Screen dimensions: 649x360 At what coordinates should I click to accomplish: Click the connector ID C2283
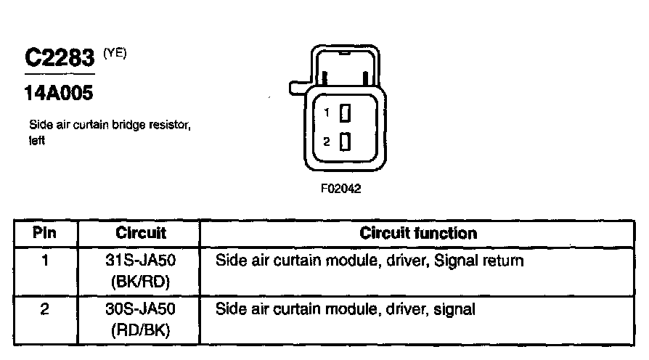click(x=60, y=57)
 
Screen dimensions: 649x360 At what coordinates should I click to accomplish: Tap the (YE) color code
click(x=115, y=53)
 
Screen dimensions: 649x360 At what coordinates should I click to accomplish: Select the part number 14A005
click(x=59, y=93)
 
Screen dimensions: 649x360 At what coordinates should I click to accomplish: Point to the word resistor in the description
click(x=170, y=125)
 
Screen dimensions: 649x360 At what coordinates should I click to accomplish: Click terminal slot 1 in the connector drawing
click(x=345, y=113)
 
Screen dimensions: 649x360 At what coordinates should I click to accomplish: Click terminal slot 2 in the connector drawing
click(x=345, y=142)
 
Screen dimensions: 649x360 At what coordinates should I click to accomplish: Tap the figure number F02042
click(x=340, y=189)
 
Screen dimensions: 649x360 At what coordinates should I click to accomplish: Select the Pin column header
click(x=44, y=232)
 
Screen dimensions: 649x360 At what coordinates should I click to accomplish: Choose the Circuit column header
click(x=141, y=233)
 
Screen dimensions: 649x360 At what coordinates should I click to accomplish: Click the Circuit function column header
click(x=418, y=233)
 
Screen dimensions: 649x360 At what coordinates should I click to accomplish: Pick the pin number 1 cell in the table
click(x=45, y=261)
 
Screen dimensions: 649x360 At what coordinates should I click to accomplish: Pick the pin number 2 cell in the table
click(x=44, y=309)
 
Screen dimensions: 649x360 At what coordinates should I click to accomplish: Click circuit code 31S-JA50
click(x=140, y=261)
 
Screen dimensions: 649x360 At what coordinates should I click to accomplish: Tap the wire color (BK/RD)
click(x=140, y=282)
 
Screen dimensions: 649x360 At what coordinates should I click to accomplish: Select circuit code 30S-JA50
click(x=140, y=309)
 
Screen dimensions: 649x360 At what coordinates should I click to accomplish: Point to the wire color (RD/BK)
click(x=140, y=330)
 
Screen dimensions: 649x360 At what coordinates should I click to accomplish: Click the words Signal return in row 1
click(x=479, y=261)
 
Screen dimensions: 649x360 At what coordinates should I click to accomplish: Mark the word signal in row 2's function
click(x=454, y=309)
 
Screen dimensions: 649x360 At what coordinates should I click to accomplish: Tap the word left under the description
click(x=37, y=140)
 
